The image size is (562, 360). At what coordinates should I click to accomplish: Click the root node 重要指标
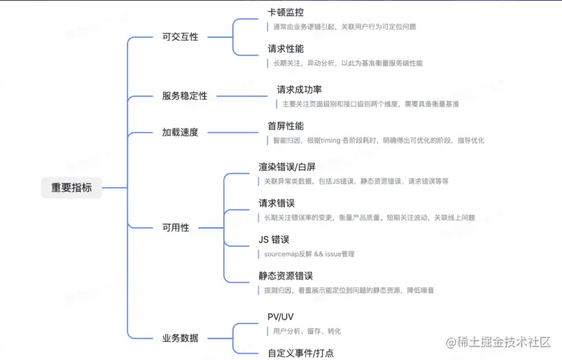[x=71, y=187]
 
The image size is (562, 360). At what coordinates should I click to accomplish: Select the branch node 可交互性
[x=180, y=36]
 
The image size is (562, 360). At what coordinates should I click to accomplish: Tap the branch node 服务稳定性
[x=184, y=96]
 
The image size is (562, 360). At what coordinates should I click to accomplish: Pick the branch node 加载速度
[x=180, y=132]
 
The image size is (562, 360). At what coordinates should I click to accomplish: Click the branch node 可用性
[x=175, y=227]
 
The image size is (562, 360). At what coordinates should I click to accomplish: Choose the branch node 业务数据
[x=180, y=338]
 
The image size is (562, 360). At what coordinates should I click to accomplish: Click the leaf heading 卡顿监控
[x=285, y=12]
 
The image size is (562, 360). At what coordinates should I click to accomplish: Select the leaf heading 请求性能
[x=285, y=49]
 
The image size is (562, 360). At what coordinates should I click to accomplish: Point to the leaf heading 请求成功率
[x=299, y=89]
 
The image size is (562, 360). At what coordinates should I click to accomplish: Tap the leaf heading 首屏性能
[x=285, y=126]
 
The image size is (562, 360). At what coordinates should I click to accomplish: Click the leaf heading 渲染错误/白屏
[x=287, y=167]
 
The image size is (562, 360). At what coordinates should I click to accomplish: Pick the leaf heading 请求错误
[x=277, y=204]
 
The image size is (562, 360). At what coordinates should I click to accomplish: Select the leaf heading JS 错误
[x=274, y=240]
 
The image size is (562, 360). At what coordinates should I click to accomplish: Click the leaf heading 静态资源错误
[x=285, y=276]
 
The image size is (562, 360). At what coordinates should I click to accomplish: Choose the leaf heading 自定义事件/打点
[x=301, y=353]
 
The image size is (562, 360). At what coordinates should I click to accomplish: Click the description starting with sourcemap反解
[x=309, y=254]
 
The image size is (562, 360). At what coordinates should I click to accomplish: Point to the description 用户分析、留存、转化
[x=306, y=331]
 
